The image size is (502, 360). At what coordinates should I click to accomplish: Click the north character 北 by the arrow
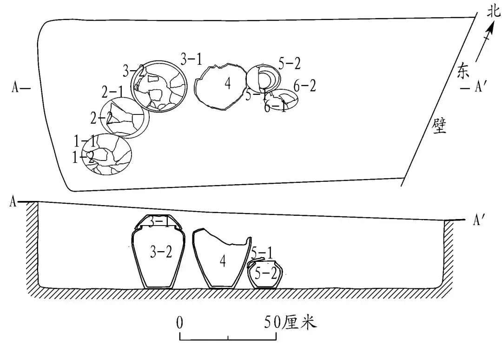click(493, 12)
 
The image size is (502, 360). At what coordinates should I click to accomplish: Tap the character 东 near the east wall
click(464, 70)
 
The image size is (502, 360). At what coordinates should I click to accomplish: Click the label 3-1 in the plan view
click(192, 59)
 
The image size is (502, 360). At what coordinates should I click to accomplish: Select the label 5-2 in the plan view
click(290, 63)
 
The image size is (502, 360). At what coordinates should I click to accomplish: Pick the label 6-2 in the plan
click(305, 86)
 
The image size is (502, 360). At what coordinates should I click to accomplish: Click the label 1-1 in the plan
click(85, 140)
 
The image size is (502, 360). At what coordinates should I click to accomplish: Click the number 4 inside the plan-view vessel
click(227, 84)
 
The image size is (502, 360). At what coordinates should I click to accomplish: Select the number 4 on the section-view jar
click(223, 262)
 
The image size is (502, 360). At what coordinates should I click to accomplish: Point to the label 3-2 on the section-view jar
click(161, 252)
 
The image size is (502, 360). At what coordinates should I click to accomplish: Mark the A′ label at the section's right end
click(479, 220)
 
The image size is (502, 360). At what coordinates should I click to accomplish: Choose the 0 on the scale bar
click(179, 322)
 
